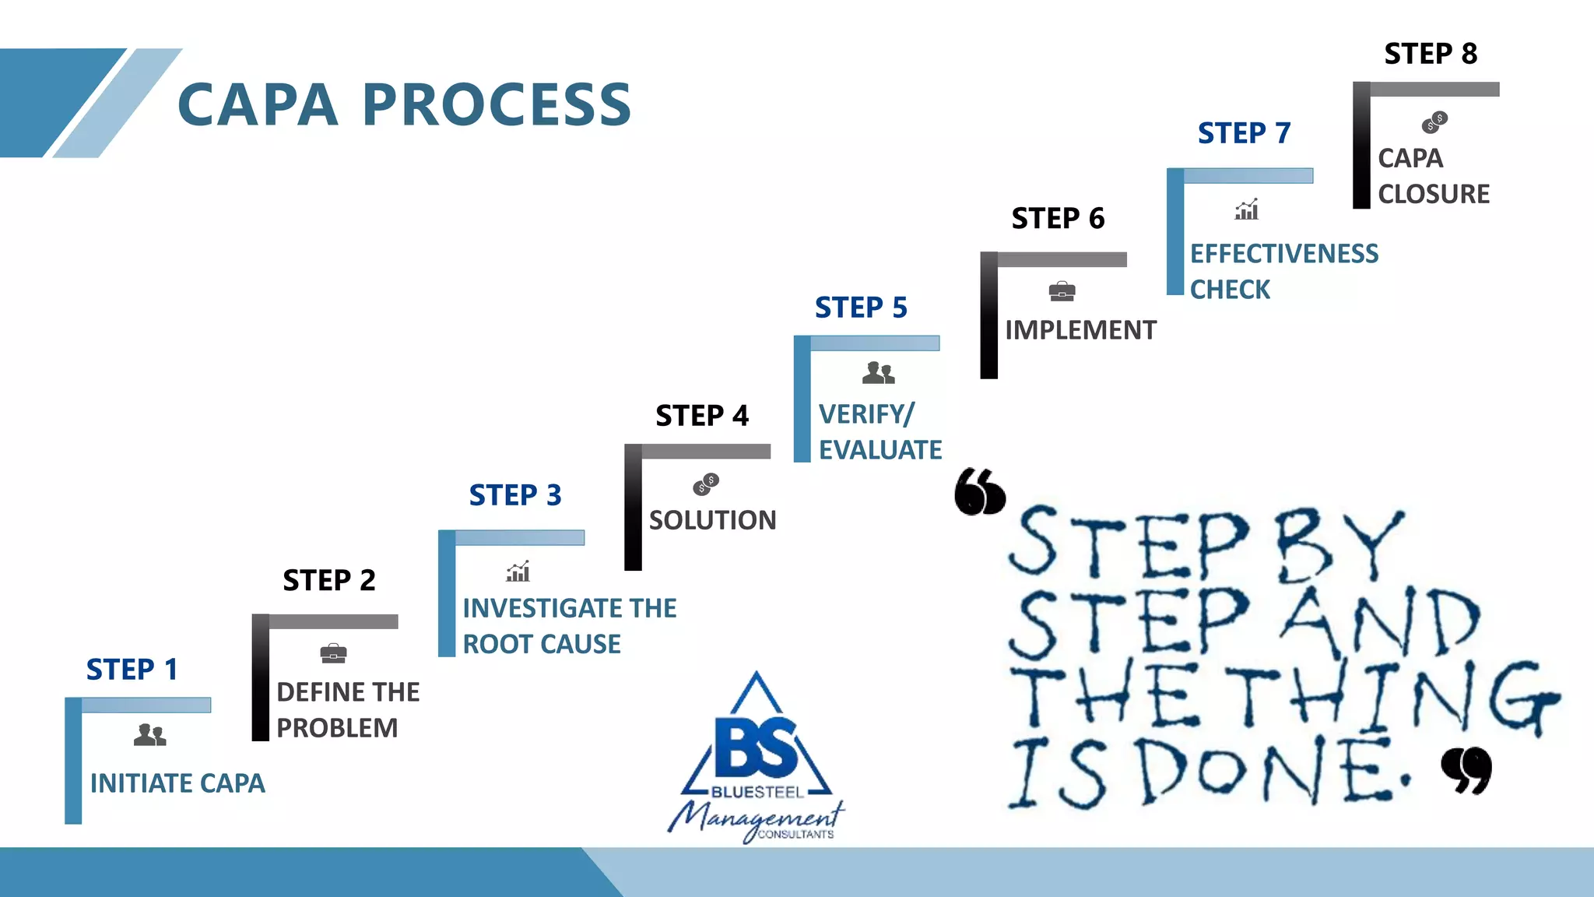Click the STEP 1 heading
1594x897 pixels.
[132, 670]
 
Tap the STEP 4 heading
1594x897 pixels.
[702, 416]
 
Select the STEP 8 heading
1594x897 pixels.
[1431, 54]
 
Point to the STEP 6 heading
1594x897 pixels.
[1058, 219]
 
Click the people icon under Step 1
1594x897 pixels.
[149, 734]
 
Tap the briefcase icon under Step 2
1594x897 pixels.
[333, 653]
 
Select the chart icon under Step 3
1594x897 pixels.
[518, 572]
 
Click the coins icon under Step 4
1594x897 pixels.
[706, 484]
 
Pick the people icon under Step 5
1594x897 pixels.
[878, 373]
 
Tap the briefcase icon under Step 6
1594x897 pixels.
[1062, 292]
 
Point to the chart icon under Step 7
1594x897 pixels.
[1247, 209]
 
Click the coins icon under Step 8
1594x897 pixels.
[1434, 121]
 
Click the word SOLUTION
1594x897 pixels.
[712, 520]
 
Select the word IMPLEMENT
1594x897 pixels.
[1080, 330]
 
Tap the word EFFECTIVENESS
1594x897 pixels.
[1284, 254]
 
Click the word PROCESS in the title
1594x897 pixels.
[497, 105]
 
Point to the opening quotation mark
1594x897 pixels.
[980, 491]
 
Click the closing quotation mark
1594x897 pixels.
[1466, 770]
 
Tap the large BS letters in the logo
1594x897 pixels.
[756, 747]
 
